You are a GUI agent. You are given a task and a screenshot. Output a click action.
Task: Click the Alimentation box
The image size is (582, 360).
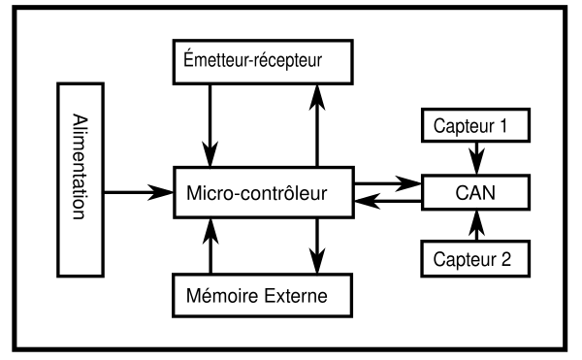[x=81, y=180]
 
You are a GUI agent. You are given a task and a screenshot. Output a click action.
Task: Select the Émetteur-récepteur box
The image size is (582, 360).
[x=263, y=62]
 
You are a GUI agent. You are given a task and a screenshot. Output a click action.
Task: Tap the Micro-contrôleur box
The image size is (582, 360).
[x=264, y=192]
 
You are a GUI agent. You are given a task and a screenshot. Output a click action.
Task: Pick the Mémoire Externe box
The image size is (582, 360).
[x=262, y=295]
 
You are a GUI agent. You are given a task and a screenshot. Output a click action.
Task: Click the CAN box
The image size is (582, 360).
[x=475, y=192]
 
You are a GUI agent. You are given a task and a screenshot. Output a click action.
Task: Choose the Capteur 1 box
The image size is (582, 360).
[x=475, y=125]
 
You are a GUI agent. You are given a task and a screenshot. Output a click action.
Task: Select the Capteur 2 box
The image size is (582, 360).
[x=475, y=259]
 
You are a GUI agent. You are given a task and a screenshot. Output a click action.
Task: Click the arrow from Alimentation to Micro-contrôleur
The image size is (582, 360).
[x=139, y=192]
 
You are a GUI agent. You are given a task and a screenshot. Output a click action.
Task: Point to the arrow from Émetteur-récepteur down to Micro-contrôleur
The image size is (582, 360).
[x=210, y=126]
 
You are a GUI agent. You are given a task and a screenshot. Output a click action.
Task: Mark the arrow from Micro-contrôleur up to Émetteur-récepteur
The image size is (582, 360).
[x=317, y=126]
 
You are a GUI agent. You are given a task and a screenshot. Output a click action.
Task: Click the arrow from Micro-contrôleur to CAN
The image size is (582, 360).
[x=388, y=183]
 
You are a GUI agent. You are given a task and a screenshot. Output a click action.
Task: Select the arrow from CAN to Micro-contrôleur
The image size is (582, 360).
[x=388, y=201]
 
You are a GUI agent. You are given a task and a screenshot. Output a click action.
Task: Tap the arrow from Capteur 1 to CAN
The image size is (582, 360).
[x=476, y=158]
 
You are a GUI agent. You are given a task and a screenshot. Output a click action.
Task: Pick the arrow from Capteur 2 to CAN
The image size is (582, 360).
[x=476, y=225]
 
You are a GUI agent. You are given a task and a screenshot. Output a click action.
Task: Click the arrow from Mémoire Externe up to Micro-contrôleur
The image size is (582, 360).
[x=210, y=246]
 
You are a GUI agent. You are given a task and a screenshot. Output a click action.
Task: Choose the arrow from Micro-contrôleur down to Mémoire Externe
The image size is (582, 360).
[x=317, y=246]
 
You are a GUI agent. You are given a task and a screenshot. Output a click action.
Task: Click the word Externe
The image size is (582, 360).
[x=296, y=296]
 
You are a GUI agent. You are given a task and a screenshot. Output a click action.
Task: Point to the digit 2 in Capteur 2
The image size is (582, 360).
[x=506, y=259]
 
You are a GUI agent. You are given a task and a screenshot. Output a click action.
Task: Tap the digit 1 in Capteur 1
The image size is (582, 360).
[x=502, y=126]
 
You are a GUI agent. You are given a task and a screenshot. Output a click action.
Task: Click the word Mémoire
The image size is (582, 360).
[x=222, y=295]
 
